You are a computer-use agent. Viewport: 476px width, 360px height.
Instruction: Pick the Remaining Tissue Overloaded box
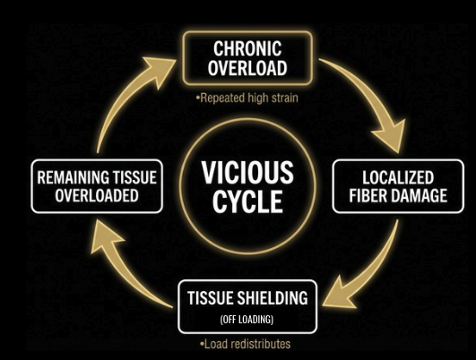click(97, 186)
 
